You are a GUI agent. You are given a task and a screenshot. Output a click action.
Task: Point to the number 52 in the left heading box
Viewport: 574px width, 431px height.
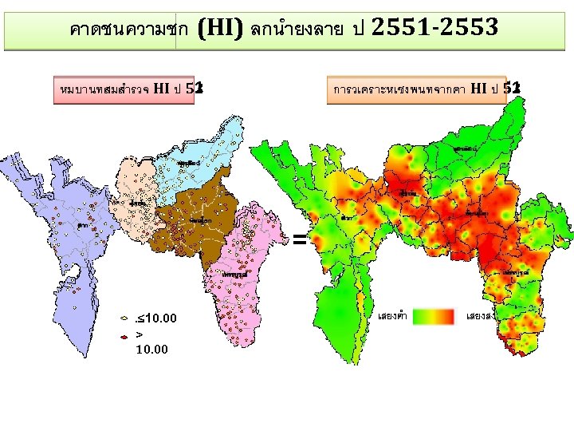[x=195, y=89]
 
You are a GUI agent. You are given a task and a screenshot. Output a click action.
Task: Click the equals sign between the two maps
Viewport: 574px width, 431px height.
[x=298, y=238]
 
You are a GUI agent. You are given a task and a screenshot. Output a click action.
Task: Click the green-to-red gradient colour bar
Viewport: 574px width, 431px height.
[x=435, y=315]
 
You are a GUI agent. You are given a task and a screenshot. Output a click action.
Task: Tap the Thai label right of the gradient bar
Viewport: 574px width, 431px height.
[x=478, y=316]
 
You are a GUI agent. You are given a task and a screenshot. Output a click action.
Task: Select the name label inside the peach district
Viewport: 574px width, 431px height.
[x=137, y=203]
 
